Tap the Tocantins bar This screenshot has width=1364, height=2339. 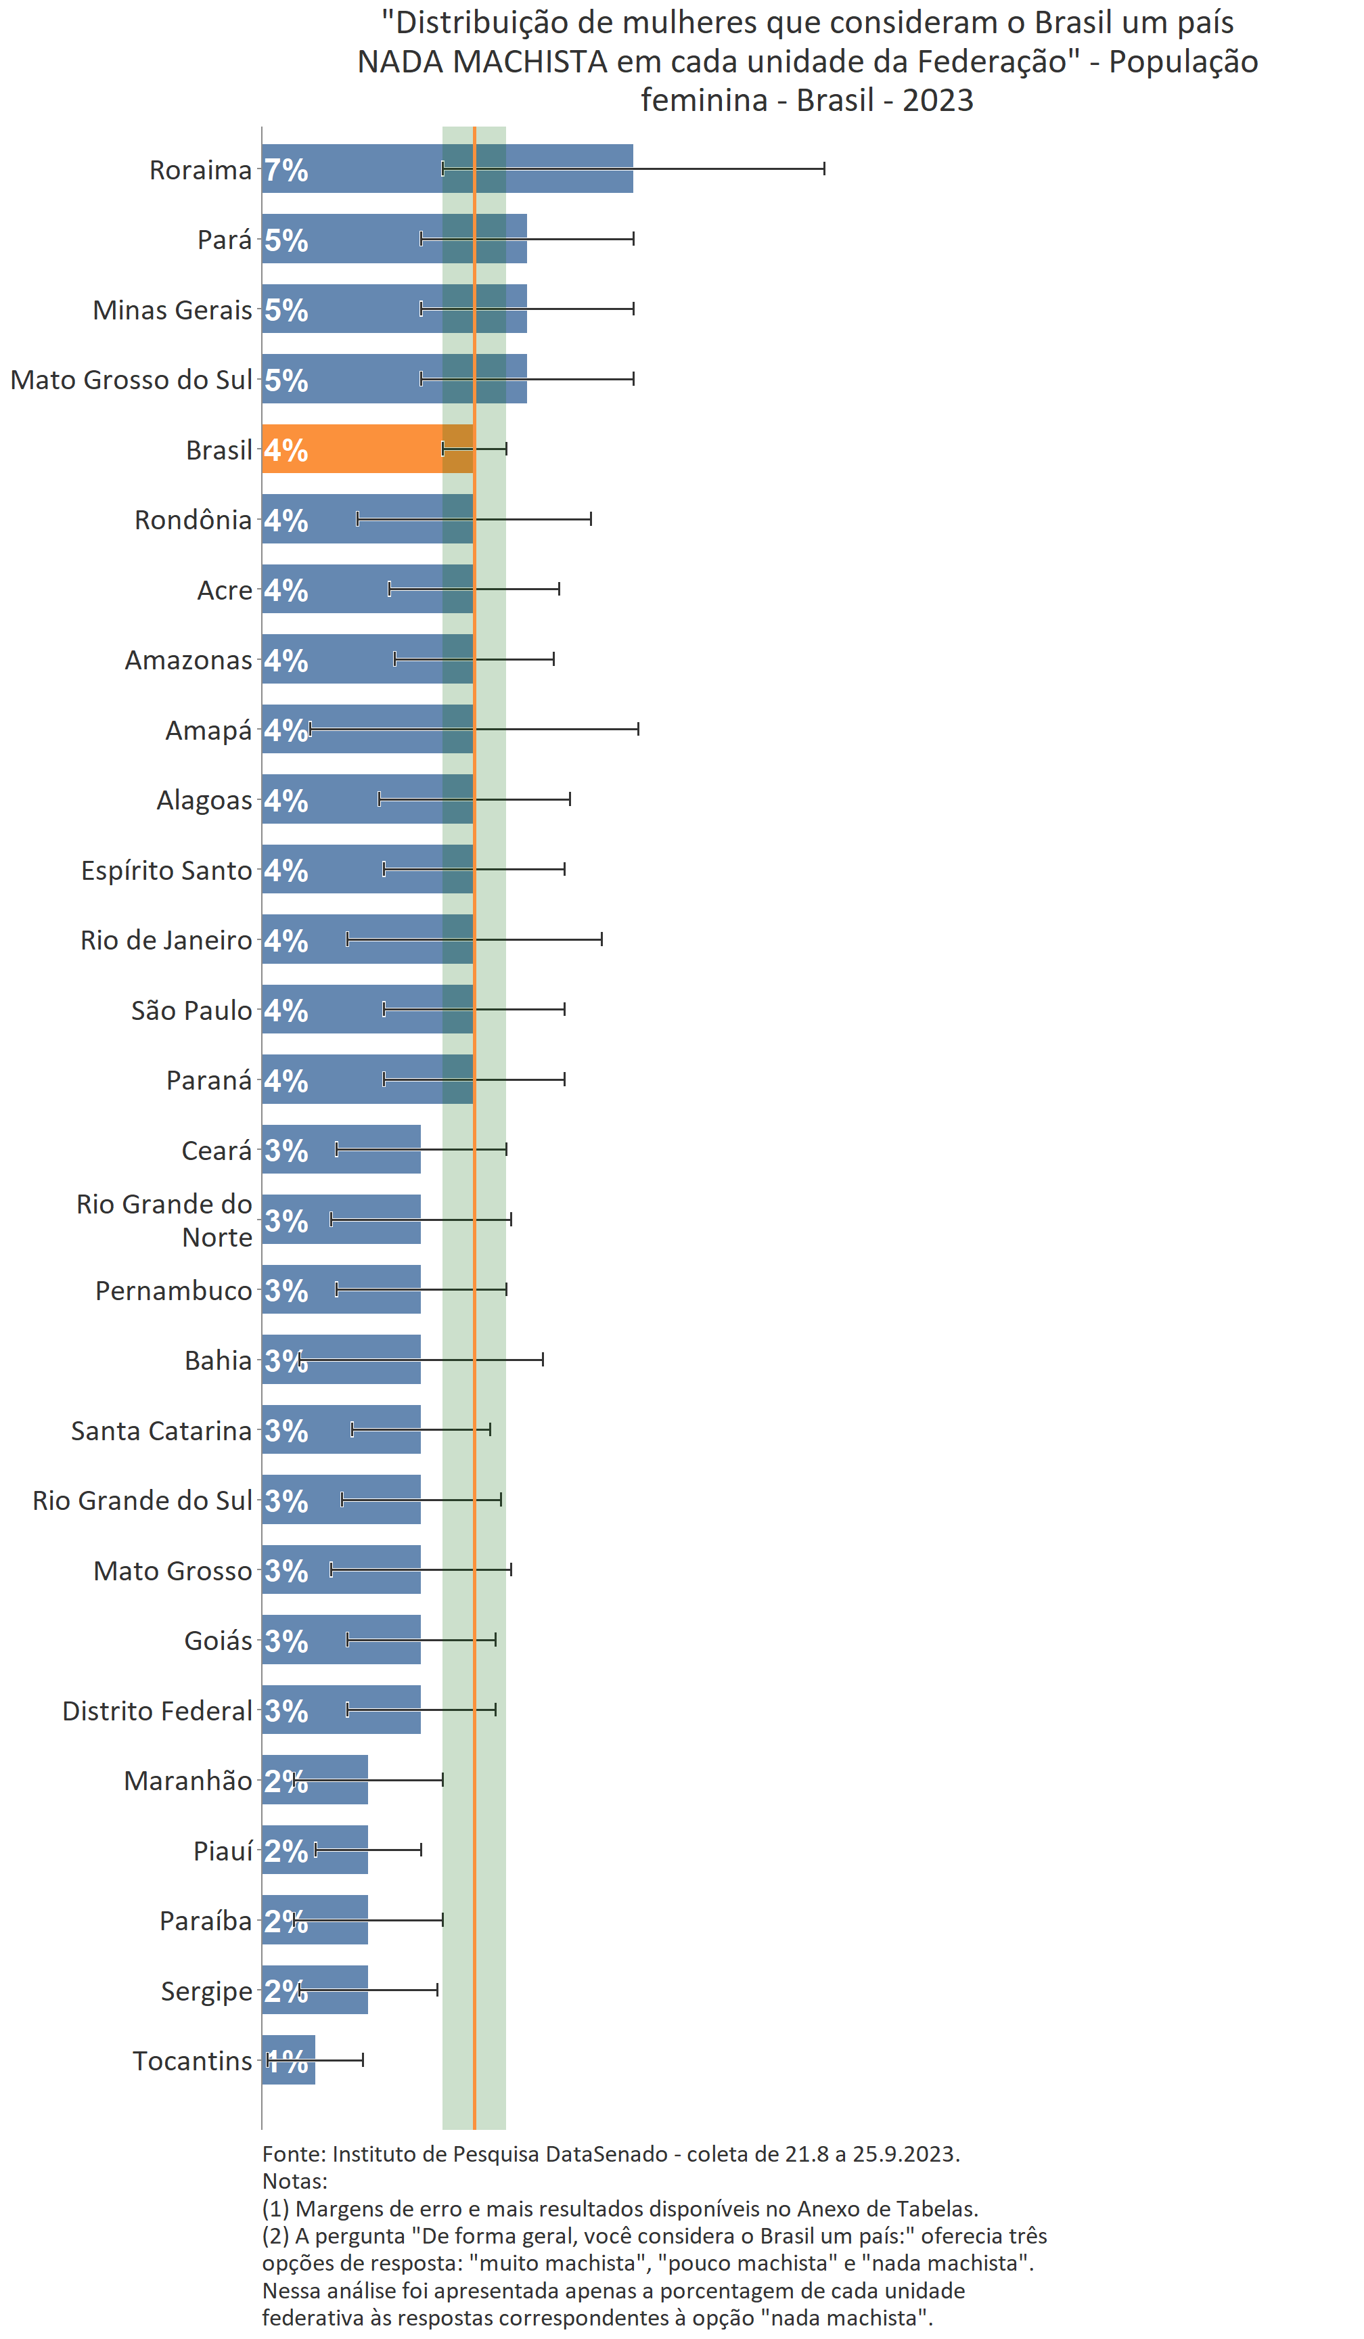coord(289,2059)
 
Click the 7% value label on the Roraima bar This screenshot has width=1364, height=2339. coord(286,170)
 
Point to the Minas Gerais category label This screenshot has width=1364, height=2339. coord(173,310)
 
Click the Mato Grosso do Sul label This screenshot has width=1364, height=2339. coord(131,380)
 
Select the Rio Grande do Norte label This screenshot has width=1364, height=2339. coord(164,1220)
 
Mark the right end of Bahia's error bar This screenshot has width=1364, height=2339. coord(543,1359)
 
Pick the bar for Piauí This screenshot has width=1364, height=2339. coord(315,1849)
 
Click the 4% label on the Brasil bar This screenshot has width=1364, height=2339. coord(286,450)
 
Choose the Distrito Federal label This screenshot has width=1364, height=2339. coord(157,1711)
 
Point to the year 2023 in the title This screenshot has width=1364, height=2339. coord(937,100)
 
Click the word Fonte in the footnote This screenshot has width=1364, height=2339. coord(292,2154)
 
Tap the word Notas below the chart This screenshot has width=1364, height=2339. coord(294,2181)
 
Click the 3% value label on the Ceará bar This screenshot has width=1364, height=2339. coord(286,1151)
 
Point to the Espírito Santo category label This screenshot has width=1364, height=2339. coord(166,870)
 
